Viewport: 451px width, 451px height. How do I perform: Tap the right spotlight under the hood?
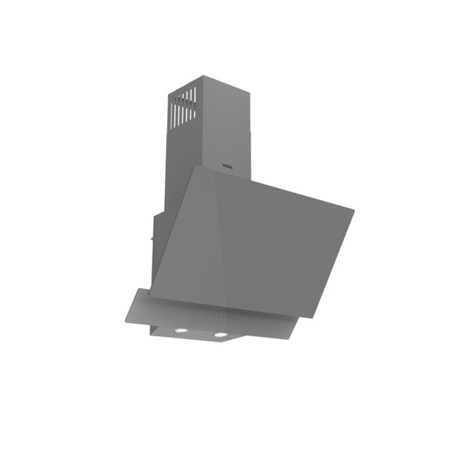pos(221,334)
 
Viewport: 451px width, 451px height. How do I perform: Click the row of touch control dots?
pos(218,315)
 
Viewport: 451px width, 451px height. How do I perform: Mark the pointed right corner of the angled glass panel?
pos(353,210)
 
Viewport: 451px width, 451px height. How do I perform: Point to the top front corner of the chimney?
pos(203,76)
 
